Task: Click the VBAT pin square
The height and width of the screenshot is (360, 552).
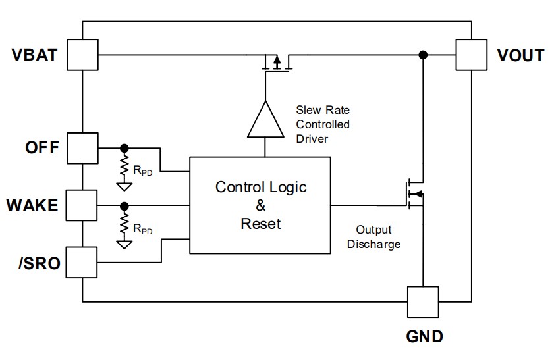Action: point(82,55)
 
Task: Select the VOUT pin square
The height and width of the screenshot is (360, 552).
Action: point(472,55)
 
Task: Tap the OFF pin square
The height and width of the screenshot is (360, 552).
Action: point(82,148)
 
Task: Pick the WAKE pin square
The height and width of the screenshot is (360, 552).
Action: point(81,205)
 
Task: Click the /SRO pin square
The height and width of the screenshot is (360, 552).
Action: point(81,262)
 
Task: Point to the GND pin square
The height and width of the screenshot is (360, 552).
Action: point(423,301)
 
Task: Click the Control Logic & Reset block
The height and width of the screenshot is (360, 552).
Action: point(260,205)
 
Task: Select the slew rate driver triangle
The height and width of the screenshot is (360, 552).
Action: point(265,120)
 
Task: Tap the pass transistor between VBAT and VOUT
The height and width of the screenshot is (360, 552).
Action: point(277,63)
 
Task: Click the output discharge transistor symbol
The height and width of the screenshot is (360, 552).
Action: point(415,194)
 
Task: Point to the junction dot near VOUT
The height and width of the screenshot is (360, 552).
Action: point(423,55)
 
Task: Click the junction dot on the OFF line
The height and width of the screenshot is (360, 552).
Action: point(124,148)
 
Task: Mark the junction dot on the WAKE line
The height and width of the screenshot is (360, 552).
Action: point(124,206)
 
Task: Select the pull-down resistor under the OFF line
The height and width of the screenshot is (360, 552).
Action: point(124,166)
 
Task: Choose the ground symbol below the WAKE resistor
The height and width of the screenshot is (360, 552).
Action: point(124,245)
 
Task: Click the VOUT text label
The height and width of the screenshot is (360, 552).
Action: point(520,55)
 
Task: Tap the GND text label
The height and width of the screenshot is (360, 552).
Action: point(425,336)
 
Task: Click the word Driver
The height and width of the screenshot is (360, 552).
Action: point(312,139)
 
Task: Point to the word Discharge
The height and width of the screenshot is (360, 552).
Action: point(373,244)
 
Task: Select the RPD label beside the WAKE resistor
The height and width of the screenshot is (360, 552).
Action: point(142,229)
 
